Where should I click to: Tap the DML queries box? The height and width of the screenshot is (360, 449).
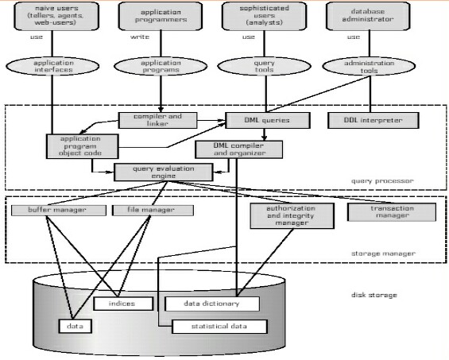pyautogui.click(x=255, y=121)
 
